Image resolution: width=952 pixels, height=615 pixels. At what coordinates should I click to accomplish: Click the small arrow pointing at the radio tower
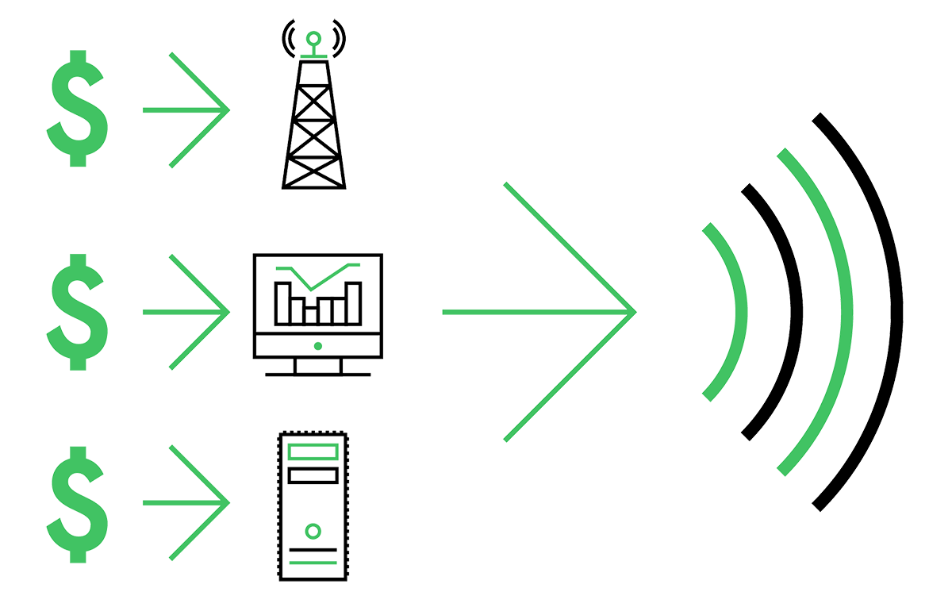coord(186,107)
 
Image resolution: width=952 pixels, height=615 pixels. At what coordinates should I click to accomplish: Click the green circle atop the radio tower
coord(314,37)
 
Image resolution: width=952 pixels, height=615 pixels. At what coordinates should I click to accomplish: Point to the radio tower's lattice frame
coord(314,127)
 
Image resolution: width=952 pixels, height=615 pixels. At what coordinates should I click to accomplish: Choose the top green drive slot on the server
coord(314,452)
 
